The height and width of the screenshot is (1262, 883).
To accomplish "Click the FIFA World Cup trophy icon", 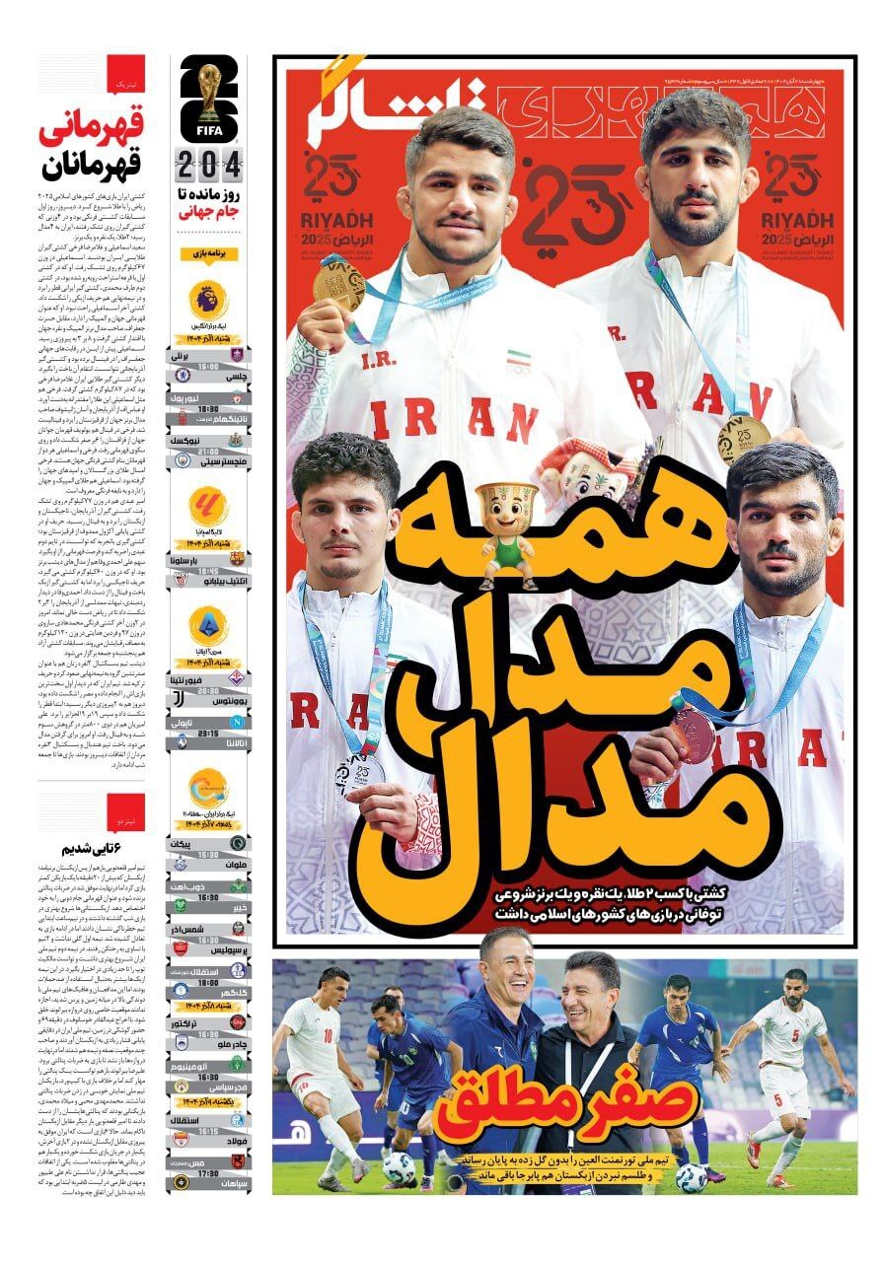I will coord(209,94).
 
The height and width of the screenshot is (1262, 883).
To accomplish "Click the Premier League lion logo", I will coord(208,298).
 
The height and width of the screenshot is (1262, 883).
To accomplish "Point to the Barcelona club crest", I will coord(237,558).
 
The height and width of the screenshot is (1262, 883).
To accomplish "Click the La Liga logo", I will coord(208,506).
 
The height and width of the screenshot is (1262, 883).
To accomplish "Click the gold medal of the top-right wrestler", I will coord(743,439).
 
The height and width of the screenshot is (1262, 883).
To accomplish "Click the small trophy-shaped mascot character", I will coord(506,535).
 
